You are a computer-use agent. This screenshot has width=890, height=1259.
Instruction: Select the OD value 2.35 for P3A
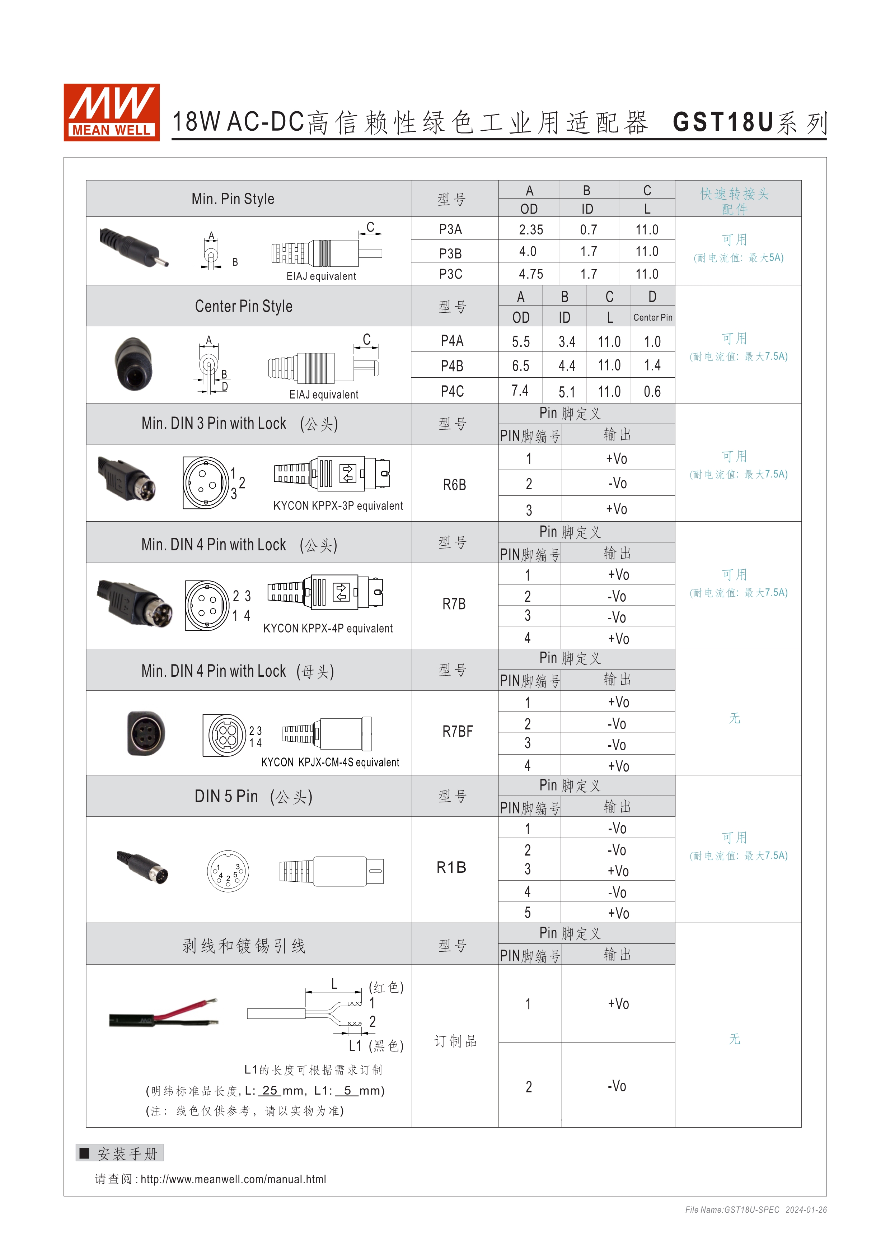pos(530,230)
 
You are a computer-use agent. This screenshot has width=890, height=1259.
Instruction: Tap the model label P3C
pos(450,274)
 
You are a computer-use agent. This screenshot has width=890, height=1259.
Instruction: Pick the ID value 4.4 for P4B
pos(567,366)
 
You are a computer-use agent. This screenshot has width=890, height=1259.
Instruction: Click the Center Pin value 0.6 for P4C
pos(652,392)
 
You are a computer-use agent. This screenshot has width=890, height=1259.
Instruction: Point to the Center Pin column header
pos(652,317)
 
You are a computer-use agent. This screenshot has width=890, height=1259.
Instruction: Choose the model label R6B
pos(454,485)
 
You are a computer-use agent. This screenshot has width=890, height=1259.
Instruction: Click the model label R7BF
pos(457,732)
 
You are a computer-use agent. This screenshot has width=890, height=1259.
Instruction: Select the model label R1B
pos(451,867)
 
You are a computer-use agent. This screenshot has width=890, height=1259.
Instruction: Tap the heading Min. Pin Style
pos(233,199)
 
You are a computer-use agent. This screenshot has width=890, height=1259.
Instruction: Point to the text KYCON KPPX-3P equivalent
pos(338,505)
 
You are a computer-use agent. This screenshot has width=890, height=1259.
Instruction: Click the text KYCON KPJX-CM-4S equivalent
pos(330,762)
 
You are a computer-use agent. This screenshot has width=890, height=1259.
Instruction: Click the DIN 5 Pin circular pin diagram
pos(228,871)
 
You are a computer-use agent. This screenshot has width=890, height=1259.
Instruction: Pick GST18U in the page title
pos(722,122)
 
